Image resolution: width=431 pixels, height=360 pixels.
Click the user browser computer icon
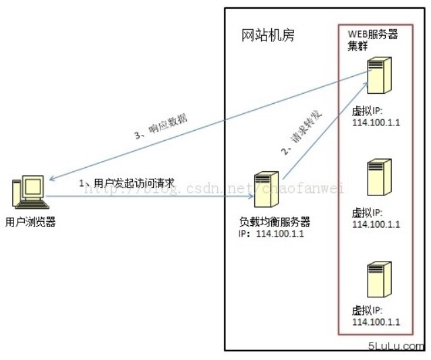click(31, 192)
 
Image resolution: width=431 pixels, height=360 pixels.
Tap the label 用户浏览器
click(30, 222)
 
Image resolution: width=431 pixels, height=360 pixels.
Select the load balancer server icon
click(266, 189)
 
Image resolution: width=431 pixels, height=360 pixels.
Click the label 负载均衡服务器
click(275, 222)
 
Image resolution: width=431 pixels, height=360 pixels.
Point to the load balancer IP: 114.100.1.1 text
click(271, 234)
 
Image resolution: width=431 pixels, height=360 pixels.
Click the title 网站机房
click(268, 35)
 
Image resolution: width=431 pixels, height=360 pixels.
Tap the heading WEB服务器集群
click(373, 40)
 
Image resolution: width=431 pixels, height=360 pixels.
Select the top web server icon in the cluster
click(380, 75)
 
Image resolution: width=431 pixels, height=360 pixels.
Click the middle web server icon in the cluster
click(380, 177)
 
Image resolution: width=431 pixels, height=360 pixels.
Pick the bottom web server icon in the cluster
click(380, 280)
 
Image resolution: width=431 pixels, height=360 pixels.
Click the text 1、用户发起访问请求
click(127, 183)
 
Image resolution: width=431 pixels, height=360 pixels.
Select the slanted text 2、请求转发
click(301, 132)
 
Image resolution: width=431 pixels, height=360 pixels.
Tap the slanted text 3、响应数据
click(161, 127)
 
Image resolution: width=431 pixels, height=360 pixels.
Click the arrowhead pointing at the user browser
click(52, 179)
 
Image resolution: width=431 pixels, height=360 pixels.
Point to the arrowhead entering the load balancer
click(250, 196)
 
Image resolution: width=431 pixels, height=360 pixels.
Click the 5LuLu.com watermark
click(396, 346)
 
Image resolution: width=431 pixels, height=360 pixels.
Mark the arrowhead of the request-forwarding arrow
click(366, 84)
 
